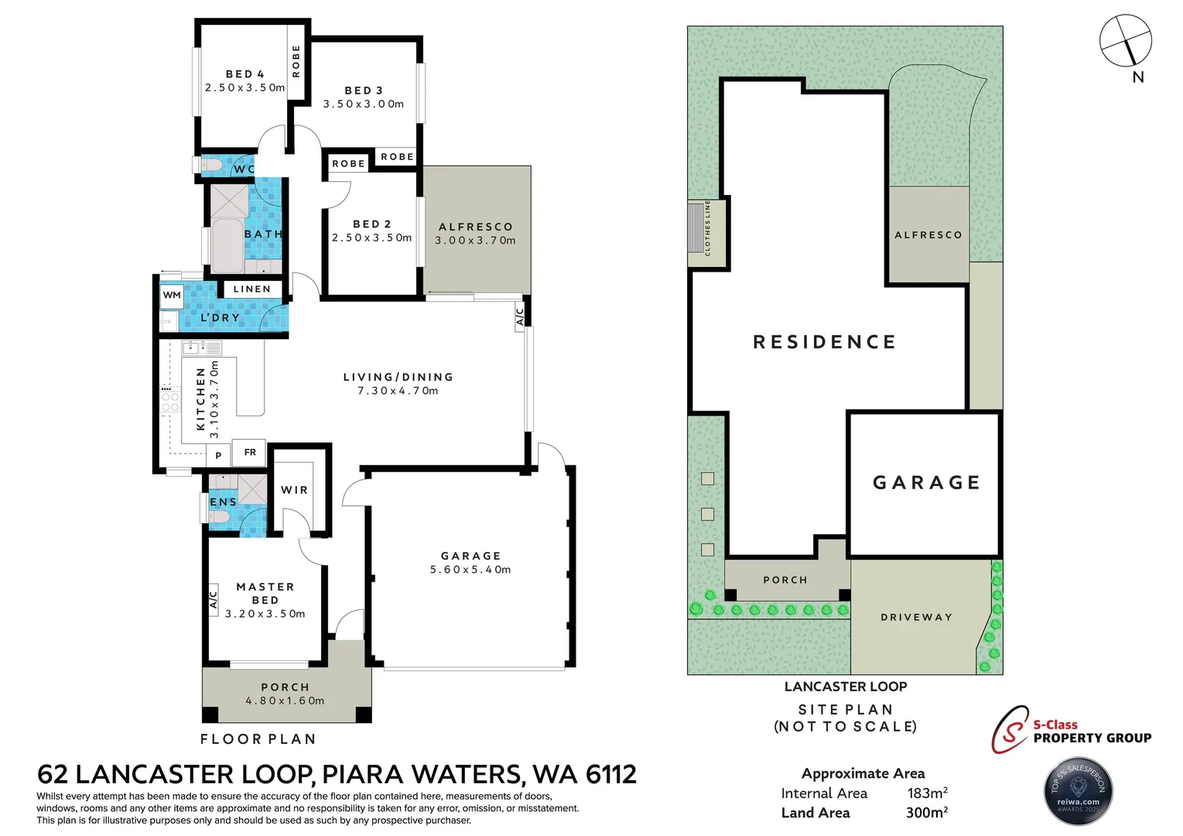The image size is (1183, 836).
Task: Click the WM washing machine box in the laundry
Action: pos(172,295)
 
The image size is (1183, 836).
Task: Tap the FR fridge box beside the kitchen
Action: pos(250,452)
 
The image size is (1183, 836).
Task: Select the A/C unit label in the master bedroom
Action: pos(214,600)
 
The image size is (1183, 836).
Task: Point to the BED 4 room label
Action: pos(244,74)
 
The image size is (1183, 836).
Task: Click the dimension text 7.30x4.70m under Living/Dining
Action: pos(398,391)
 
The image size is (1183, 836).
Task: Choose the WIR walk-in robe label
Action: pos(294,490)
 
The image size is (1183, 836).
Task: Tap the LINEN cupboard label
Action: pos(252,289)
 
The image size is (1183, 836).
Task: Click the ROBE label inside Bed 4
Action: pos(296,60)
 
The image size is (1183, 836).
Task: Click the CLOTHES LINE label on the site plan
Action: pos(707,228)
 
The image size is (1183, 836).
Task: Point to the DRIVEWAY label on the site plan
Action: pos(916,617)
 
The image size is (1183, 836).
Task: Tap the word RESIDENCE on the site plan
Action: pos(825,342)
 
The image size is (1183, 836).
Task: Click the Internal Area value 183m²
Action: pos(927,793)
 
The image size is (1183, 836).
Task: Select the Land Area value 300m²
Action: pos(927,813)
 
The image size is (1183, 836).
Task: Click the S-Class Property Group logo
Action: pos(1071,729)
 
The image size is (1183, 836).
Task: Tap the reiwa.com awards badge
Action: pos(1079,791)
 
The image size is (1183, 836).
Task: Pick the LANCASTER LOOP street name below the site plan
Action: pos(846,687)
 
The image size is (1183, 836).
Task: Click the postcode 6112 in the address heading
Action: pos(610,774)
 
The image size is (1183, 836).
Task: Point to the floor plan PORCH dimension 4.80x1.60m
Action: pos(285,701)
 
